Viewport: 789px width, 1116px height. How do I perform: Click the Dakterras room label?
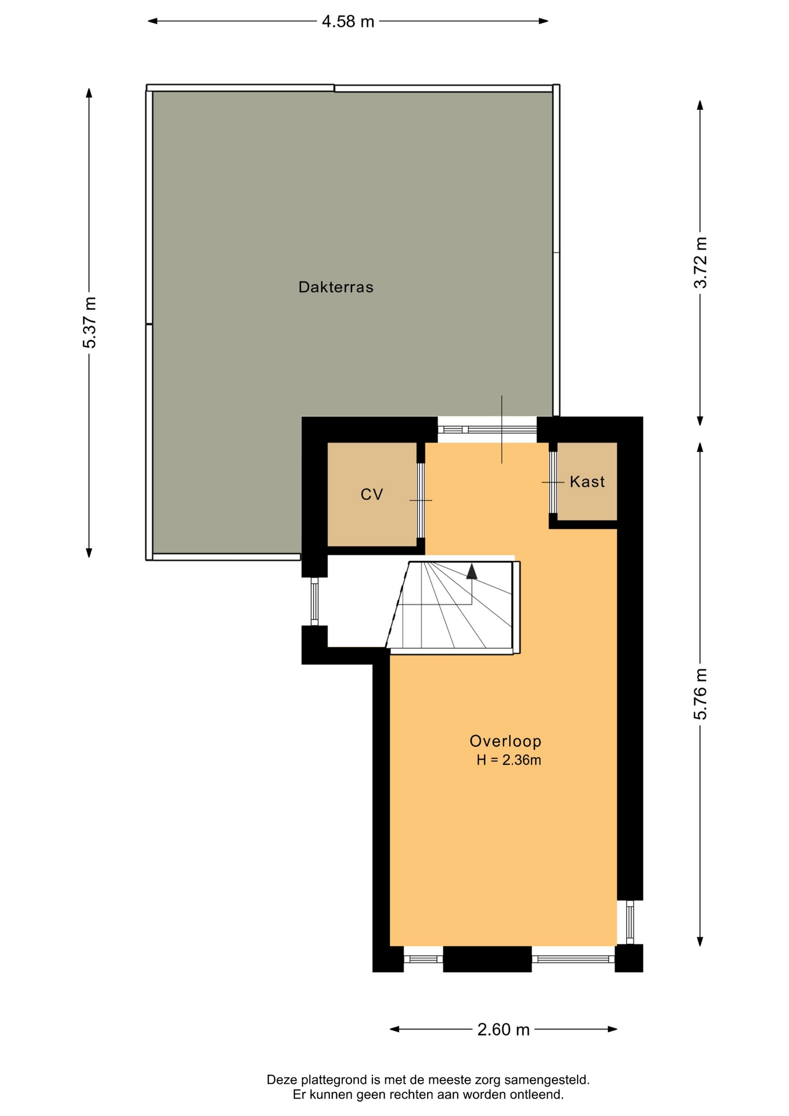point(336,287)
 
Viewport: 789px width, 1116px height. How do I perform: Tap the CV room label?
point(372,495)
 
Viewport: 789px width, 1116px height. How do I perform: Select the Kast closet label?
point(587,482)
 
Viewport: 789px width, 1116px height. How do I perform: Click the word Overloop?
point(505,741)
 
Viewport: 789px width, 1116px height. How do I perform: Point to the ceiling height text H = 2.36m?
point(509,760)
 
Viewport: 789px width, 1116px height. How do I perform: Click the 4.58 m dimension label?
point(348,22)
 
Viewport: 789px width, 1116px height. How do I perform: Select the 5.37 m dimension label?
point(89,323)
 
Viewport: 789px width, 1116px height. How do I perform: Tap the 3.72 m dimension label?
point(701,262)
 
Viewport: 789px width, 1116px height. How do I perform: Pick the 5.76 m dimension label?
point(701,694)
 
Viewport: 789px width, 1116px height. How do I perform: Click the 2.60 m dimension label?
point(503,1030)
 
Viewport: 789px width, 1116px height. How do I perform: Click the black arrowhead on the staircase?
point(472,571)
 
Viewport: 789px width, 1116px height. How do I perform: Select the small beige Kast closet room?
point(587,482)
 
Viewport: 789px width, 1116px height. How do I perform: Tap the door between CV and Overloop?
point(421,500)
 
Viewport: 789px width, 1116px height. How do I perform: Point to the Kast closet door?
point(553,482)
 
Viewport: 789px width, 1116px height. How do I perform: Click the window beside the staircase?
point(314,601)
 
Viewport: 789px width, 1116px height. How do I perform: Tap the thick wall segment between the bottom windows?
point(487,959)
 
